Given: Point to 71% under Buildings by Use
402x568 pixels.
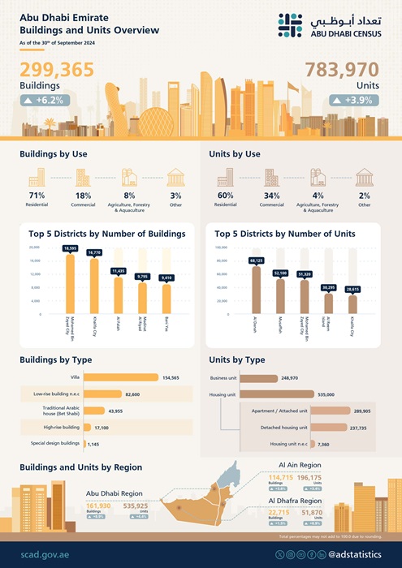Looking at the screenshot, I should pos(37,196).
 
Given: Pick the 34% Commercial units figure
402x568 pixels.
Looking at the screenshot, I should pos(271,196).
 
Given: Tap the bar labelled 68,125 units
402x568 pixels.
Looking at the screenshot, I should pos(257,289).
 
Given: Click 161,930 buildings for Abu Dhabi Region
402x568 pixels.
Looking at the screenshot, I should pos(99,506).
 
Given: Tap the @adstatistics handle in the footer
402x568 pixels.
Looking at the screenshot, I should pos(357,553).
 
